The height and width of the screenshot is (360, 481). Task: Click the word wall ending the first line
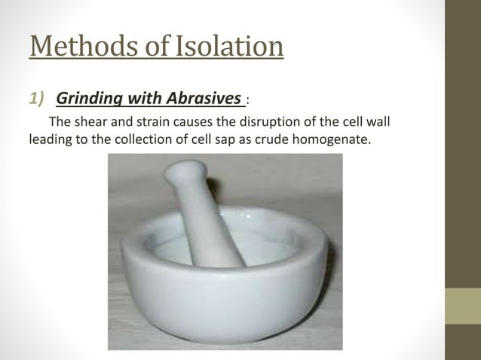(377, 124)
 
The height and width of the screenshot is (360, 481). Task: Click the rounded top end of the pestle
(180, 172)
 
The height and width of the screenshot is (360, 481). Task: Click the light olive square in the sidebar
(462, 306)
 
